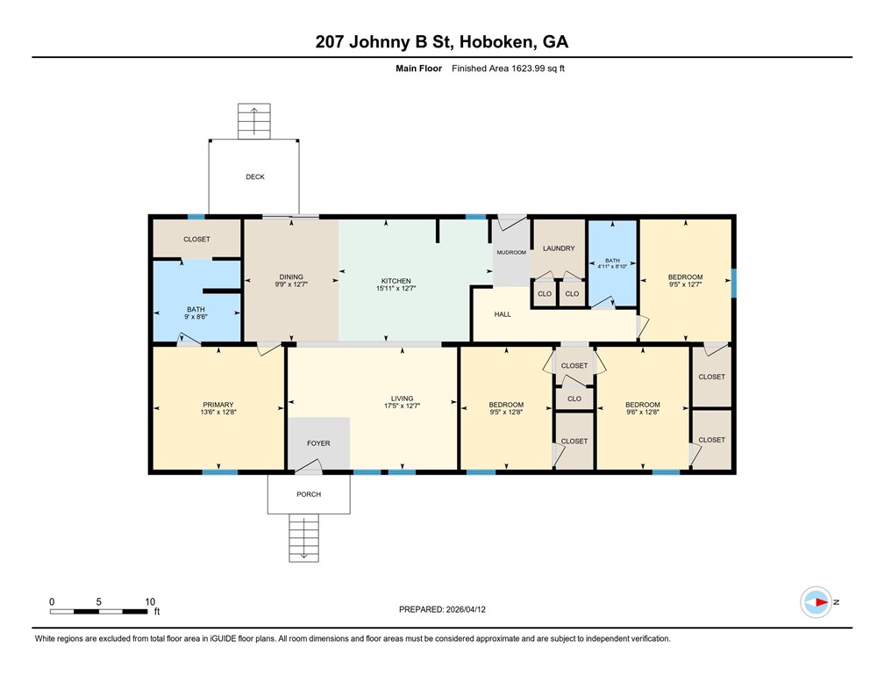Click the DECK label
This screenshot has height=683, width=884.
click(x=254, y=176)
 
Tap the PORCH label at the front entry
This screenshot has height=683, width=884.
click(x=309, y=494)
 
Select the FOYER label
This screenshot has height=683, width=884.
click(x=318, y=443)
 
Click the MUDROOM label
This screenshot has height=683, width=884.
click(x=511, y=253)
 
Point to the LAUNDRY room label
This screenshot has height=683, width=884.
click(x=559, y=248)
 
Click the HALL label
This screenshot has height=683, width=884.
click(x=503, y=314)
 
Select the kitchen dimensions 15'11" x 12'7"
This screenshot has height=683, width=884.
click(x=396, y=287)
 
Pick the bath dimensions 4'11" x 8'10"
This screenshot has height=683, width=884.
click(x=612, y=267)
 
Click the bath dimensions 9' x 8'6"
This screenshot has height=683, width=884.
click(x=196, y=316)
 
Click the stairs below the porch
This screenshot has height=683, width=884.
click(x=303, y=537)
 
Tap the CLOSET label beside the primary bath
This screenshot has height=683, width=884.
click(x=196, y=239)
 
